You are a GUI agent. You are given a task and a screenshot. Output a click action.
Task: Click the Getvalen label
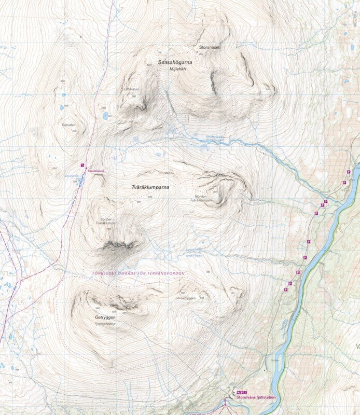[x=68, y=125]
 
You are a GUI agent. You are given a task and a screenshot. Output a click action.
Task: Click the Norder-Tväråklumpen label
[x=203, y=199]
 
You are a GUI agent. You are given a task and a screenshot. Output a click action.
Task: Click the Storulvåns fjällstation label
[x=255, y=398]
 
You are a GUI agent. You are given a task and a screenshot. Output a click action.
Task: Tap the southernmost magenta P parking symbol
[x=286, y=290]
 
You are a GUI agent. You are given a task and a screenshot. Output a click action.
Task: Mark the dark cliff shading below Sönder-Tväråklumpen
[x=118, y=244]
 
